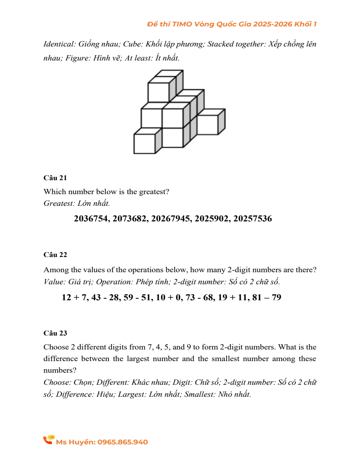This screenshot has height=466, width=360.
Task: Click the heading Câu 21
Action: [55, 178]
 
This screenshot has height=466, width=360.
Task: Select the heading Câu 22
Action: [55, 255]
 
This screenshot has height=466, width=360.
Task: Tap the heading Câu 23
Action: [55, 333]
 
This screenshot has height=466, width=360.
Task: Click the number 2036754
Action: [92, 219]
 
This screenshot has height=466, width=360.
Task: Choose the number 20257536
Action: [252, 219]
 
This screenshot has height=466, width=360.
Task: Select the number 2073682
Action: [130, 219]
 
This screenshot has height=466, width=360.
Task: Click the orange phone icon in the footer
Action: [49, 440]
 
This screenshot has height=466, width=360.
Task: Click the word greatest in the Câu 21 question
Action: [154, 192]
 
